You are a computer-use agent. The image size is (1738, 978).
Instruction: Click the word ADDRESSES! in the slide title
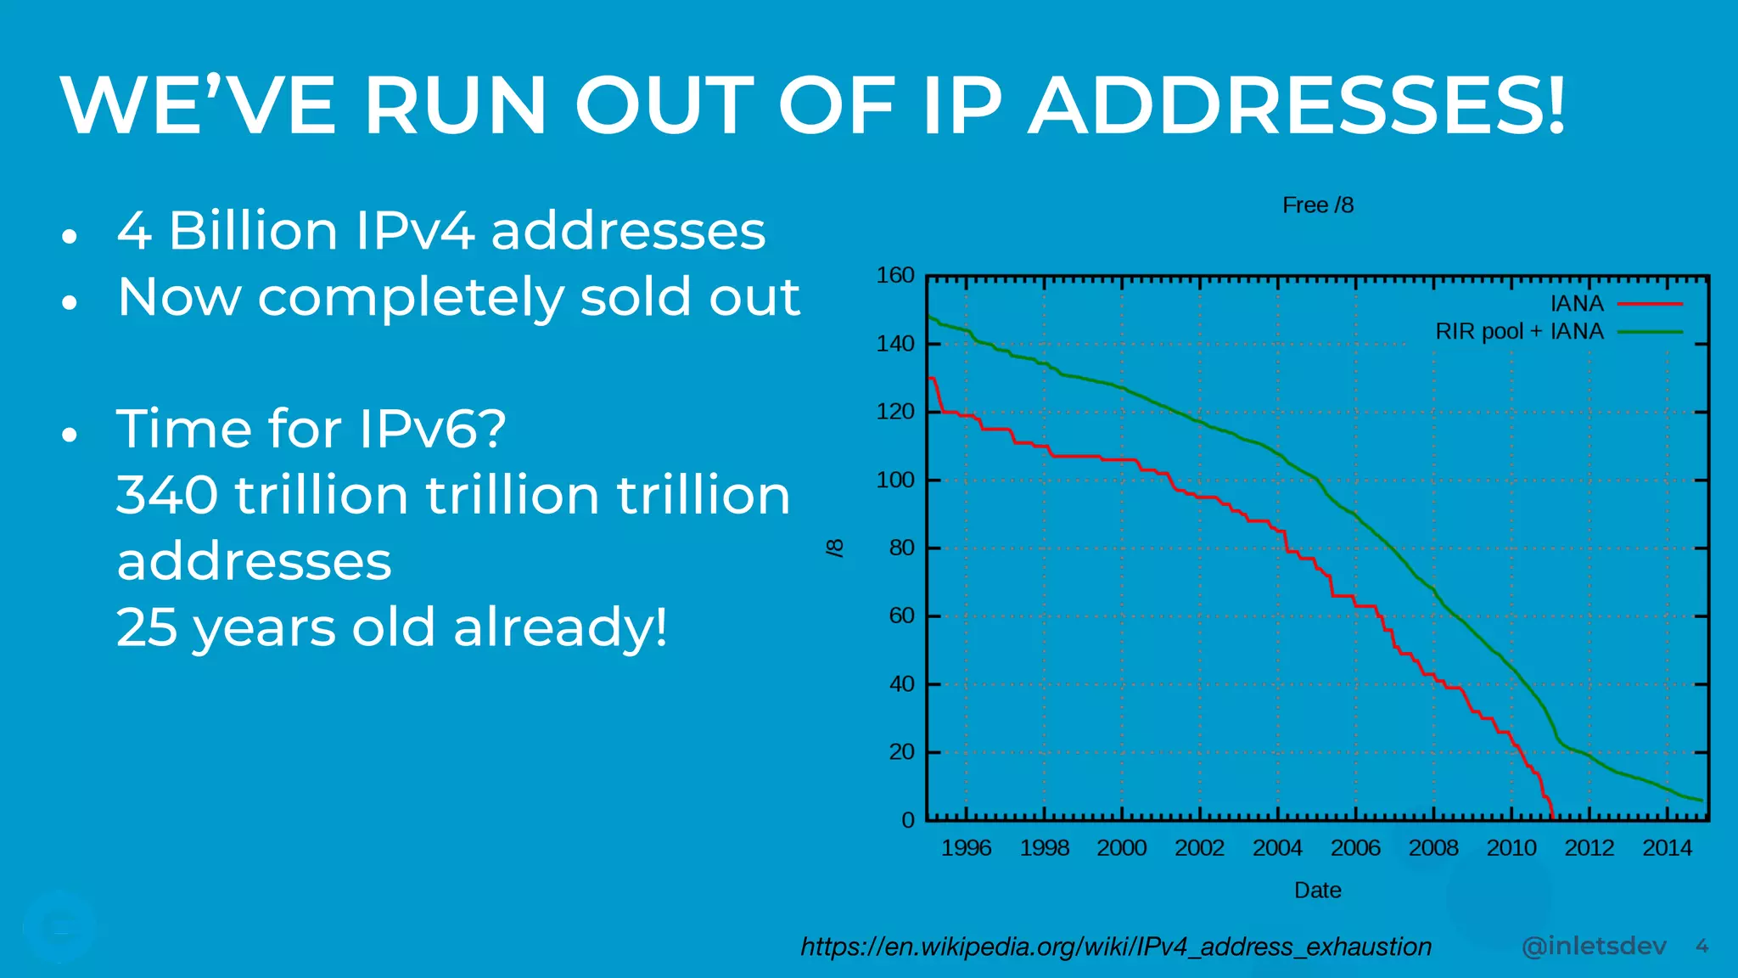coord(1297,106)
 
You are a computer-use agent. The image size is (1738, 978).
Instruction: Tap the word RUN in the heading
coord(455,106)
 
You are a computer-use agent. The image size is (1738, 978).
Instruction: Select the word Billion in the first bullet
coord(253,231)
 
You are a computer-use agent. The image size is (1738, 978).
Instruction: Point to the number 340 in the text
coord(166,495)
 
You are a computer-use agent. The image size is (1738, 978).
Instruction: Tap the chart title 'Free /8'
coord(1317,205)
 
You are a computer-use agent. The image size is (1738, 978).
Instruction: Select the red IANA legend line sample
coord(1650,304)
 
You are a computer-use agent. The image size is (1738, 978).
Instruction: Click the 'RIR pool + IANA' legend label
coord(1519,331)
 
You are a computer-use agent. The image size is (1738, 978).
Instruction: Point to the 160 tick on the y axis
coord(894,275)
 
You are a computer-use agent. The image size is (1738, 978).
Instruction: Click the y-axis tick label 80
coord(901,548)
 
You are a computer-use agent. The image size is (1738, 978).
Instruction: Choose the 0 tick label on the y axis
coord(907,820)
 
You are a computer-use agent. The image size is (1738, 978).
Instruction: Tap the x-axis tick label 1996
coord(966,847)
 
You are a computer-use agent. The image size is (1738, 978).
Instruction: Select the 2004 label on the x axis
coord(1277,847)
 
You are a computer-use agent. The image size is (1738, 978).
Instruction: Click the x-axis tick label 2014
coord(1667,847)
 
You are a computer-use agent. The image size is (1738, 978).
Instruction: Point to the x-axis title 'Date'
coord(1317,890)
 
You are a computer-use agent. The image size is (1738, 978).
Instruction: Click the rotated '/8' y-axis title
coord(836,548)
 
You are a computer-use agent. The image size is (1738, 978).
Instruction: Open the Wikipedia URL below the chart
coord(1116,947)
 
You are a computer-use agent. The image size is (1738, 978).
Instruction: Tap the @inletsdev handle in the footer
coord(1594,946)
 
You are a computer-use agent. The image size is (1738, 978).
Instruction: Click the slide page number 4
coord(1702,946)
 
